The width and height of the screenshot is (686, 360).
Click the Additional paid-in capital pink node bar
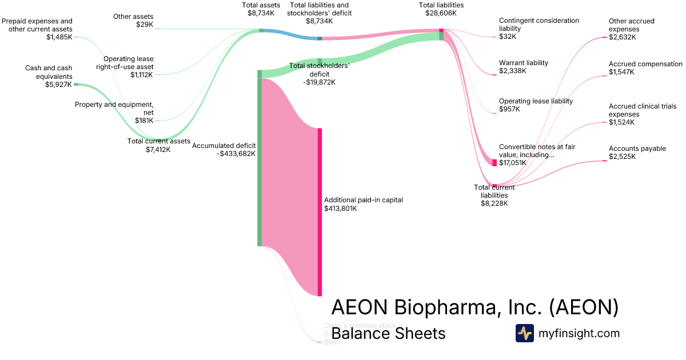click(320, 211)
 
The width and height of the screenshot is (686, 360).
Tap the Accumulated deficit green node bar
click(259, 160)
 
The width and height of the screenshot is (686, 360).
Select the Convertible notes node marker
click(494, 162)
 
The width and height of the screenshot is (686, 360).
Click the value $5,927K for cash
click(58, 85)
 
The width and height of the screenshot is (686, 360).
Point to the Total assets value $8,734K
click(261, 13)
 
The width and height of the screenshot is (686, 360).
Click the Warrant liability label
click(523, 63)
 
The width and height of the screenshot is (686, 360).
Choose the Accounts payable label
click(637, 149)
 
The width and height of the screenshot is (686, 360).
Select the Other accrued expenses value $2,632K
click(622, 37)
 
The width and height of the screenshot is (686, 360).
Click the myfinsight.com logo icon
click(524, 333)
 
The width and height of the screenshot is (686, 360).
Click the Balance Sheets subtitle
click(388, 333)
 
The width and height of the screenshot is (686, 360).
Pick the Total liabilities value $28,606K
click(441, 13)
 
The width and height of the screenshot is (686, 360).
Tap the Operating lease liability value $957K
click(509, 109)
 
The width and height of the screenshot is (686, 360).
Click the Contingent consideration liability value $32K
click(508, 36)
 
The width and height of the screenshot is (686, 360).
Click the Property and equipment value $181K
click(143, 121)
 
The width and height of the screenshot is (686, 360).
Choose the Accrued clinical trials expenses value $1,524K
click(622, 122)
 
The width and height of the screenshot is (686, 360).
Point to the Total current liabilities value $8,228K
click(494, 203)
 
